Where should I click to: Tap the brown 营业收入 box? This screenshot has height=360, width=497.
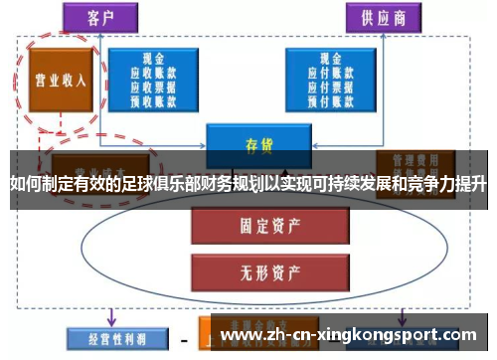point(61,80)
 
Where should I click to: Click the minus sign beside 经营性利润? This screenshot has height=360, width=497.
point(184,335)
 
